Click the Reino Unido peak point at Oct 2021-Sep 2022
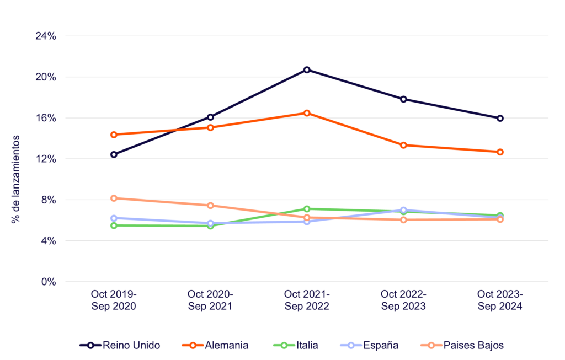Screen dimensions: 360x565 point(307,70)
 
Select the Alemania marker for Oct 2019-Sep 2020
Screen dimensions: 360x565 point(114,135)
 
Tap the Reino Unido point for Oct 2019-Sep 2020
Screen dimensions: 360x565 point(114,154)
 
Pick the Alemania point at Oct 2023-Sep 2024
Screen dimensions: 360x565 point(500,152)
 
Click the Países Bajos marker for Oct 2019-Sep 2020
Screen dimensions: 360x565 point(114,198)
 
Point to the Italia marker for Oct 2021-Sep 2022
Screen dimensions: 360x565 point(307,209)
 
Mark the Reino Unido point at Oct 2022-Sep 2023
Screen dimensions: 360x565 point(403,99)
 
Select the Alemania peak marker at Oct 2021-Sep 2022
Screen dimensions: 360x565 point(307,113)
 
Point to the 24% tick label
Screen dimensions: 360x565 point(46,36)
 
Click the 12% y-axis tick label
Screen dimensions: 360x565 point(46,159)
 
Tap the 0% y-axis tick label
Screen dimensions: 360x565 point(49,282)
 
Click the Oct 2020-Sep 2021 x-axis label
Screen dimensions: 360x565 point(210,299)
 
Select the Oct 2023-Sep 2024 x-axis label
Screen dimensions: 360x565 point(500,299)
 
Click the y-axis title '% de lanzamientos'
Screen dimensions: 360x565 point(17,179)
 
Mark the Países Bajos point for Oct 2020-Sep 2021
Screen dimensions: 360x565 point(210,206)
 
